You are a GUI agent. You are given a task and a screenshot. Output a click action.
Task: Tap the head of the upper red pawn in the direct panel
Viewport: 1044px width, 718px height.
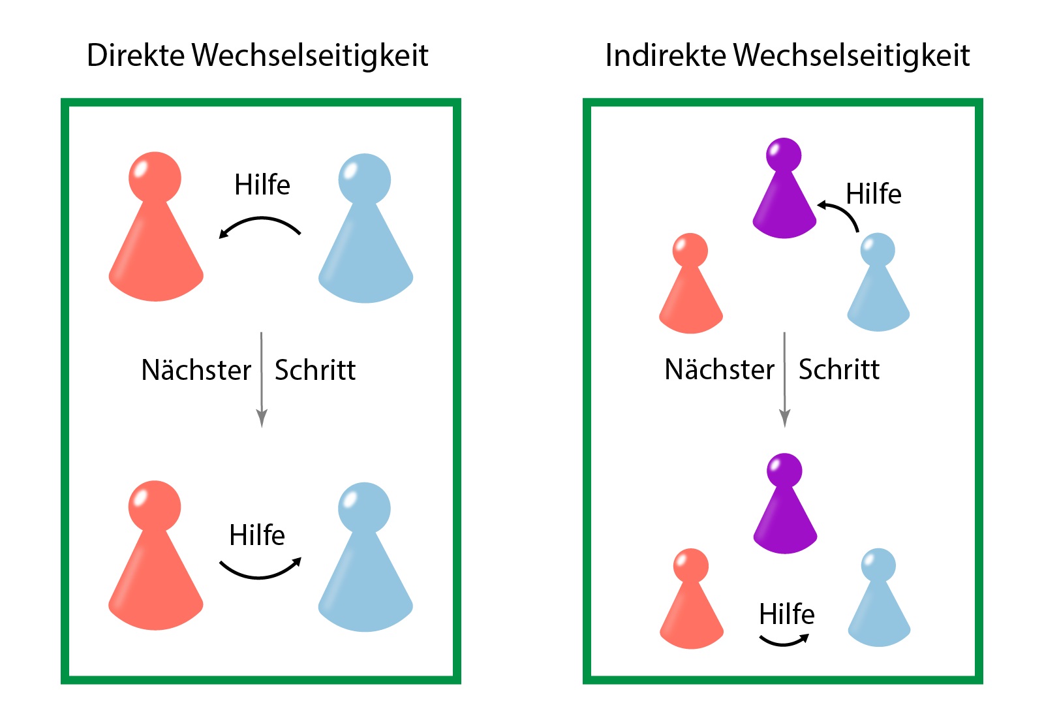155,178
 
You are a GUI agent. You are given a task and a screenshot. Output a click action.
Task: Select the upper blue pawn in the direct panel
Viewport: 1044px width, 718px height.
365,228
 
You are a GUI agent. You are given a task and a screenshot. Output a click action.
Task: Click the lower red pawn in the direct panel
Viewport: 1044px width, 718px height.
156,555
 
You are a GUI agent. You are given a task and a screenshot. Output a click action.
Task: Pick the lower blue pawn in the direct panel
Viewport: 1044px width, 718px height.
365,557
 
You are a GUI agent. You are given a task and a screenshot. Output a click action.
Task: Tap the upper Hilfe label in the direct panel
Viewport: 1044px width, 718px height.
262,185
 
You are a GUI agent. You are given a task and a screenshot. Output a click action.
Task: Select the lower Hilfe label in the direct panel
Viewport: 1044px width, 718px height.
257,535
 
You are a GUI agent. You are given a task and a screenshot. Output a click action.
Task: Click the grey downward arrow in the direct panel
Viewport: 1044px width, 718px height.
262,379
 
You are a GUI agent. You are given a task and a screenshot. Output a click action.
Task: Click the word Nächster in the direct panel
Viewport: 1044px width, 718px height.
196,369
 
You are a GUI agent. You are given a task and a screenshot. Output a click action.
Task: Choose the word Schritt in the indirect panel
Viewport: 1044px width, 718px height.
839,369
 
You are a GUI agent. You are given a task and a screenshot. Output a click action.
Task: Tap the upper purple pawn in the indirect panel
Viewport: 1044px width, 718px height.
784,188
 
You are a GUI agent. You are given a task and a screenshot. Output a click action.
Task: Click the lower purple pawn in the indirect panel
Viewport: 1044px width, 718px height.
785,503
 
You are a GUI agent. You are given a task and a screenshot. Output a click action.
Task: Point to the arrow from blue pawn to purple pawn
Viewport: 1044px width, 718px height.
841,212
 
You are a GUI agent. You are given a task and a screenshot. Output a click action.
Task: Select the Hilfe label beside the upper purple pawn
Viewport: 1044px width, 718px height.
874,193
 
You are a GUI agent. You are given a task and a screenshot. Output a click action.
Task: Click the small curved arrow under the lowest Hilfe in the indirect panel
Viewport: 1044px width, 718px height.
784,640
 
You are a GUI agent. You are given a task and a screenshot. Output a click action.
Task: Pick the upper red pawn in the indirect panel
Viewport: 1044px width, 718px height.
691,283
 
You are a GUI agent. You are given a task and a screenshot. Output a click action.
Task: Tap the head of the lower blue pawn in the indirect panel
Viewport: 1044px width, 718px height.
878,565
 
